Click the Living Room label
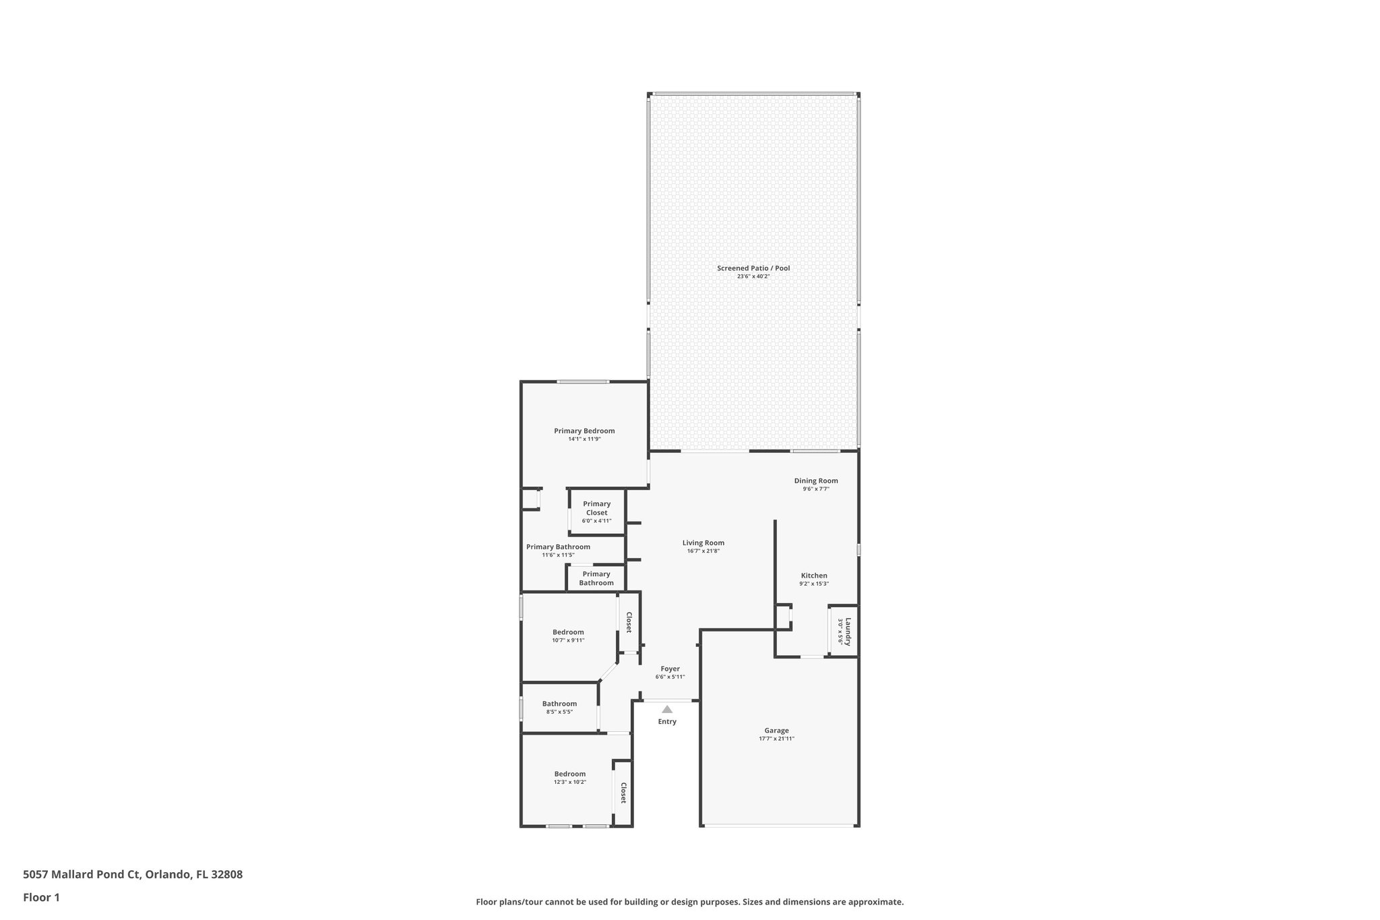(x=703, y=543)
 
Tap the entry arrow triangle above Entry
(x=667, y=709)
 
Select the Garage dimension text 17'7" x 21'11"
(x=776, y=739)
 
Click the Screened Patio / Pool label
(x=753, y=268)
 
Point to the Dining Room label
(x=816, y=481)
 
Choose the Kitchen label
(x=814, y=576)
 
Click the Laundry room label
(x=848, y=632)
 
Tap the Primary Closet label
(x=596, y=508)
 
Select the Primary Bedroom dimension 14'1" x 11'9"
(x=584, y=439)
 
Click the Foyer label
(x=670, y=669)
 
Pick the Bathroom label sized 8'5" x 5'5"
(x=559, y=704)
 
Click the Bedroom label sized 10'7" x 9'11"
(x=568, y=632)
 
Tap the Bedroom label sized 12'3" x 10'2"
(x=570, y=774)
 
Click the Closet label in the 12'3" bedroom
(x=623, y=793)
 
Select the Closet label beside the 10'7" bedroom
(x=629, y=622)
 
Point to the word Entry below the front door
(x=667, y=722)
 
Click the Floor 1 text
(x=42, y=897)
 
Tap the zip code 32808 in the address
(x=227, y=875)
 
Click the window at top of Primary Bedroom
(x=583, y=382)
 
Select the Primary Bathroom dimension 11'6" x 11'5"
(x=558, y=555)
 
